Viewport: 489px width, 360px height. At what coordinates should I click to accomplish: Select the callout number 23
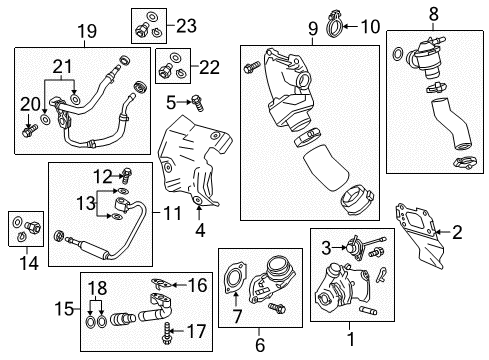pos(187,25)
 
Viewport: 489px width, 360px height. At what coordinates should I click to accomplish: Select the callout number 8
pos(432,15)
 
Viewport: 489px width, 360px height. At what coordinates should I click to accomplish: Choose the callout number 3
pos(324,247)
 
